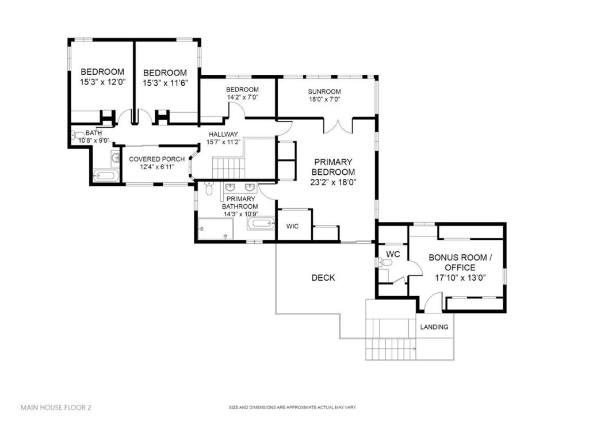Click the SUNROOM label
point(324,91)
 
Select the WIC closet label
point(293,227)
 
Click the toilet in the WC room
point(386,263)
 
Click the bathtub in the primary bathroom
point(261,224)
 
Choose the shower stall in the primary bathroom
point(215,228)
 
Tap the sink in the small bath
point(116,156)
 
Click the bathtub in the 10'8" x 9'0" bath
point(106,175)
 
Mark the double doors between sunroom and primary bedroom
point(338,125)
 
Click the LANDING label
point(434,327)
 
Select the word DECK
point(323,278)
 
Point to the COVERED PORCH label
point(156,159)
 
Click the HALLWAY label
point(223,134)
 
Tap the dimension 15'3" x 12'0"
point(102,82)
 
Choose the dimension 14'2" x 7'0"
point(242,97)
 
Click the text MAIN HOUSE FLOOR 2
point(56,407)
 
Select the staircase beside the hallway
point(228,169)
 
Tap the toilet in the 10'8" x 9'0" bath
point(78,136)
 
